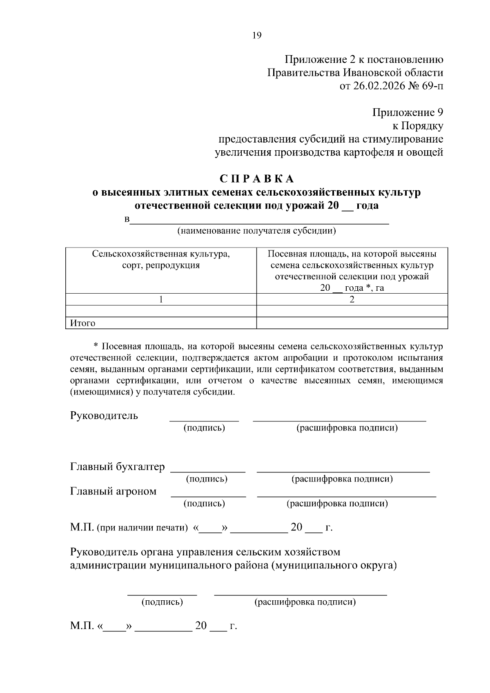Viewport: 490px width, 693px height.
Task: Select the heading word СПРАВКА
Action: (x=257, y=179)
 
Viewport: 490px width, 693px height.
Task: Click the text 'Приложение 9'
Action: (x=408, y=113)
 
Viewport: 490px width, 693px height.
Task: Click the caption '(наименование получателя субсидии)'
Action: (x=256, y=231)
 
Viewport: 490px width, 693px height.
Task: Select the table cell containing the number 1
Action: (x=161, y=299)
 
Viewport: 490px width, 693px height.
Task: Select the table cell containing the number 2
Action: (x=352, y=299)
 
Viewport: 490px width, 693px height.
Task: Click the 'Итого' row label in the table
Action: (x=83, y=323)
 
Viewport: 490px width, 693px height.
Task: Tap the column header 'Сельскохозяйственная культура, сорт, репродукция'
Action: (x=161, y=260)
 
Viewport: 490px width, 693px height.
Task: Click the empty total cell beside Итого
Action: (x=352, y=323)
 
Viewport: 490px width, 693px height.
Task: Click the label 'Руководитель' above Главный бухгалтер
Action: (x=104, y=416)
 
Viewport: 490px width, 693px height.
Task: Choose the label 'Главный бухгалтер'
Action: (x=118, y=467)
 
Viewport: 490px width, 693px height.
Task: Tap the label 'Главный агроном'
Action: (x=114, y=491)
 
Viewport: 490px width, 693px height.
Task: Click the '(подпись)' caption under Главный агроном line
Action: (x=204, y=504)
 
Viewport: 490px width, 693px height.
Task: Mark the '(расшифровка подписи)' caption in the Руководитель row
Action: (x=347, y=428)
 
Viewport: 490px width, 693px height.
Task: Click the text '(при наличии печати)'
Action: (x=142, y=528)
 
